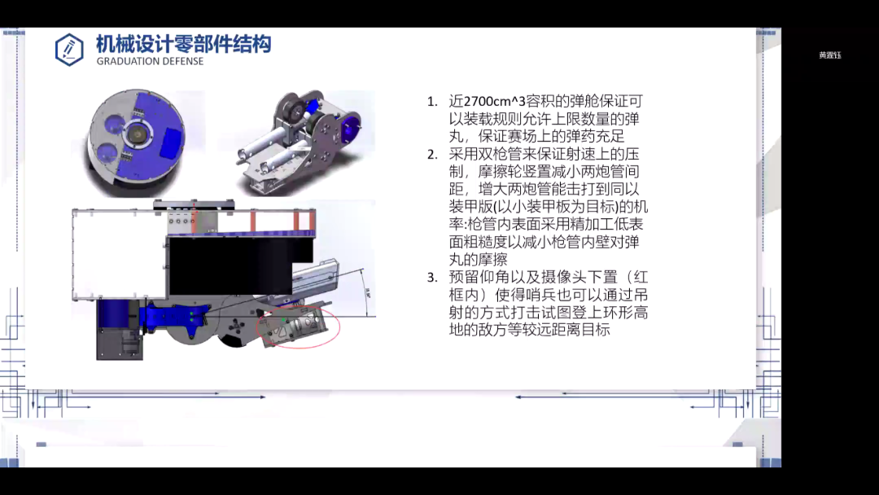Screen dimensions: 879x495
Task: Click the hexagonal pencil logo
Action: pyautogui.click(x=69, y=50)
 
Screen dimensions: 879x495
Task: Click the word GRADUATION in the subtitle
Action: pyautogui.click(x=127, y=61)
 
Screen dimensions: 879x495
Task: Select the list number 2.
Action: pyautogui.click(x=431, y=154)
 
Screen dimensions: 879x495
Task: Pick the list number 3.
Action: pyautogui.click(x=431, y=277)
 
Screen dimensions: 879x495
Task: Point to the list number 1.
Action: pyautogui.click(x=431, y=102)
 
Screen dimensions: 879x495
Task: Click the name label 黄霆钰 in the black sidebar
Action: pyautogui.click(x=829, y=55)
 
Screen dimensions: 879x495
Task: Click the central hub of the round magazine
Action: pyautogui.click(x=137, y=134)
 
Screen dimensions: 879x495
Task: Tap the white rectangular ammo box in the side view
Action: pyautogui.click(x=119, y=254)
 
